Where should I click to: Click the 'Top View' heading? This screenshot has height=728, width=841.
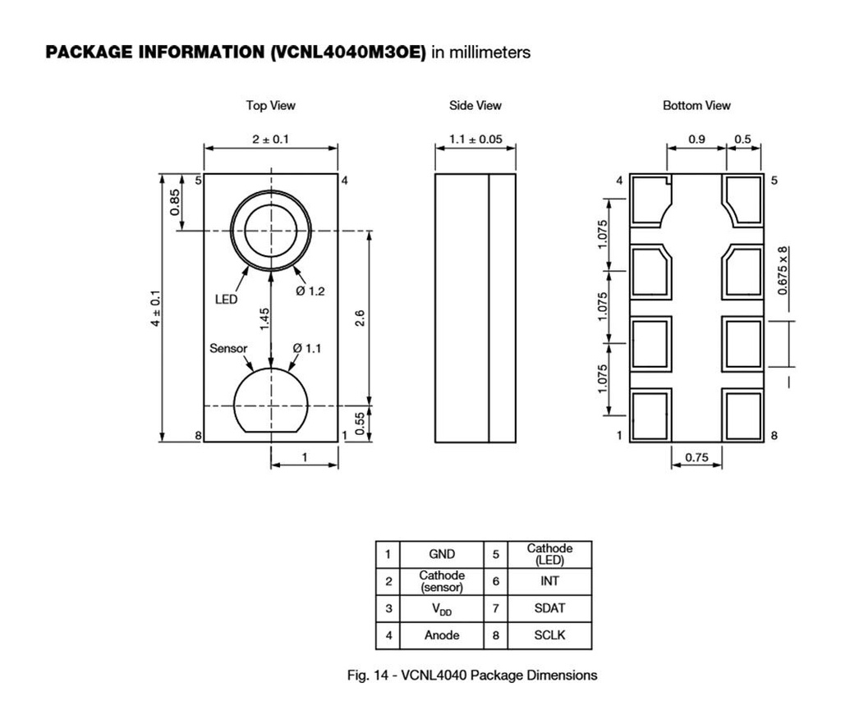click(270, 106)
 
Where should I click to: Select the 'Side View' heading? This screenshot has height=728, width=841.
click(475, 106)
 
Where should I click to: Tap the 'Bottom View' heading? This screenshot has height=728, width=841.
click(696, 106)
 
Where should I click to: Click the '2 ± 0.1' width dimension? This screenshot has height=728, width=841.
click(270, 139)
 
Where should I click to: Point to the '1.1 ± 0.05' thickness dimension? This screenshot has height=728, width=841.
click(475, 139)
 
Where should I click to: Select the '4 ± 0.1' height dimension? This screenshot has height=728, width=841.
click(154, 308)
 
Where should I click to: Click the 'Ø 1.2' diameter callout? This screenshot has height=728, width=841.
click(310, 291)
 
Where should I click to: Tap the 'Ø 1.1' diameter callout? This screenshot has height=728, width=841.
click(307, 348)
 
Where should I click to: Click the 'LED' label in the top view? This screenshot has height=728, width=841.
click(226, 300)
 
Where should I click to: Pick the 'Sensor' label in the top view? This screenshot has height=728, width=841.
click(228, 348)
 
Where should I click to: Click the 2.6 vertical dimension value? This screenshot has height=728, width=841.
click(359, 317)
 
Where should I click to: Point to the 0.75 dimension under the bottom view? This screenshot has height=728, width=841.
click(696, 458)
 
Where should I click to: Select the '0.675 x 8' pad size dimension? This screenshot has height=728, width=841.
click(783, 270)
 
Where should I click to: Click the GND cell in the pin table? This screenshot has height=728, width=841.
click(442, 554)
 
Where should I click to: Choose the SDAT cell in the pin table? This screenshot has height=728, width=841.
click(550, 608)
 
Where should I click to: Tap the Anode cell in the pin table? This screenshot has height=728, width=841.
click(442, 635)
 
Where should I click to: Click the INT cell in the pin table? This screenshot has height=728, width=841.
click(550, 581)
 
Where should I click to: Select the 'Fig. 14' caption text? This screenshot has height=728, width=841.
click(472, 675)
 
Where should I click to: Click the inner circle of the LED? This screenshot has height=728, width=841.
click(270, 231)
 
